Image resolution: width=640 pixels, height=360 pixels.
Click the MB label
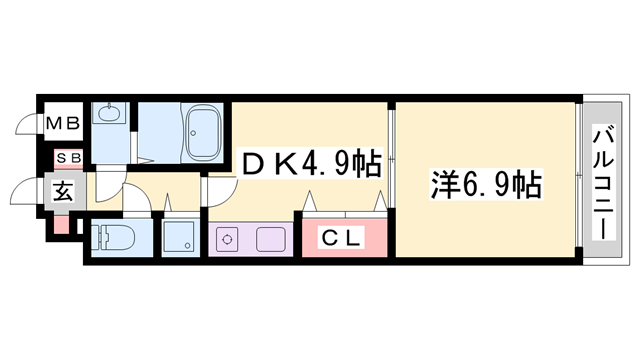click(66, 124)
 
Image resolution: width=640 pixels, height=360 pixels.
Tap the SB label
click(67, 158)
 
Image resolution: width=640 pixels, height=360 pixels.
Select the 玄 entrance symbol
click(63, 191)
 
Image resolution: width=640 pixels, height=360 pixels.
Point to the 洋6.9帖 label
click(486, 185)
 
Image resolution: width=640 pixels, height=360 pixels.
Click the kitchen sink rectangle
click(271, 240)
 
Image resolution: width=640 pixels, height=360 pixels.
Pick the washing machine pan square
click(180, 238)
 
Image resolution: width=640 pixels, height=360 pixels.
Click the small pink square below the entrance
click(62, 224)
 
